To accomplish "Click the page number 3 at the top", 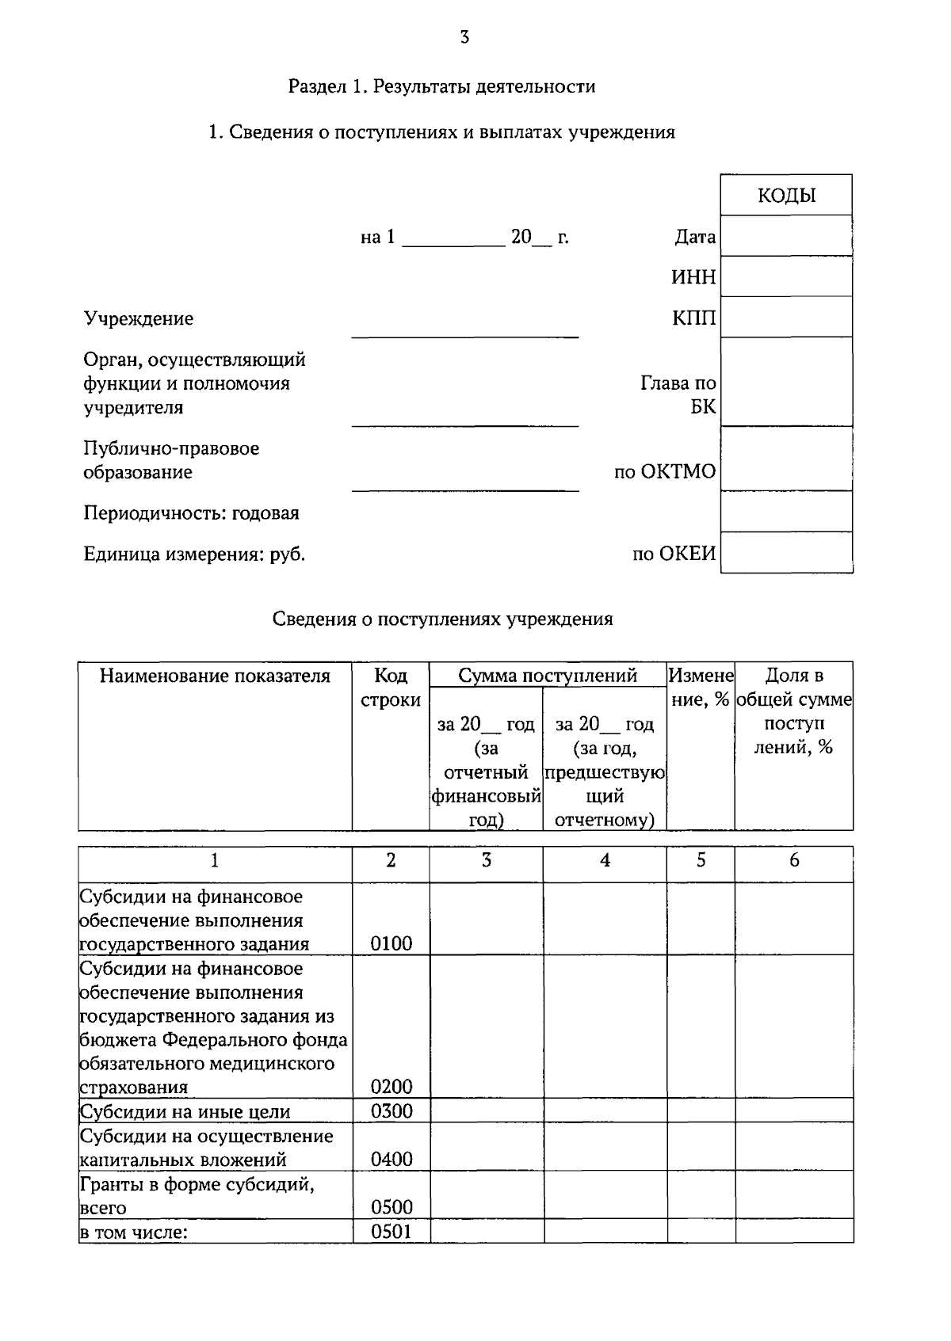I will click(x=464, y=36).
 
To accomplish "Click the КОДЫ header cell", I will click(x=786, y=196).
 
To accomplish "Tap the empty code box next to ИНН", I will click(x=786, y=276).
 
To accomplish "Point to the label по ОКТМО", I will click(x=665, y=472).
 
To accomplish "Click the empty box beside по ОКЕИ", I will click(x=786, y=552).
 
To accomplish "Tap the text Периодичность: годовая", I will click(x=192, y=513).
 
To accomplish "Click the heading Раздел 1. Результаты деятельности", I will click(x=441, y=86).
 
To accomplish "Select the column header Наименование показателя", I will click(x=215, y=676).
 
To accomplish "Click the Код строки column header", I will click(x=391, y=688).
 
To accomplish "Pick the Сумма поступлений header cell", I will click(x=548, y=676).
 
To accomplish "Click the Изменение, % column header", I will click(x=701, y=688).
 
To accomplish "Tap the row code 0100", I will click(x=391, y=943).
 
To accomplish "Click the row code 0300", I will click(x=391, y=1111).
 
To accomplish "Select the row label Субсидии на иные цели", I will click(x=185, y=1111).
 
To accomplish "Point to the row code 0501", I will click(x=391, y=1232).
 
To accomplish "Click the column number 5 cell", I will click(x=701, y=860).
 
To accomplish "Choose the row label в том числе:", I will click(x=133, y=1232).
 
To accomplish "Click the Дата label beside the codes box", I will click(x=695, y=237).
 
